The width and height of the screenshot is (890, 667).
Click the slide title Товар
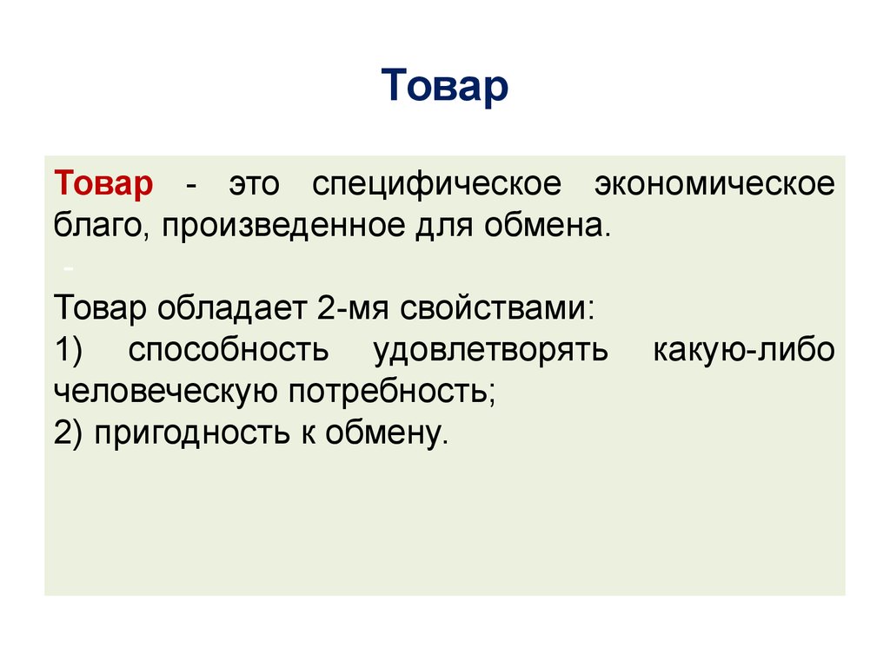pyautogui.click(x=444, y=87)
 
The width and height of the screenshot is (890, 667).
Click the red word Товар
pyautogui.click(x=103, y=184)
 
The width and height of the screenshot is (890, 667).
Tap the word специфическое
pyautogui.click(x=436, y=184)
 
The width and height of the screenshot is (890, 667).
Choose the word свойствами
pyautogui.click(x=487, y=308)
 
